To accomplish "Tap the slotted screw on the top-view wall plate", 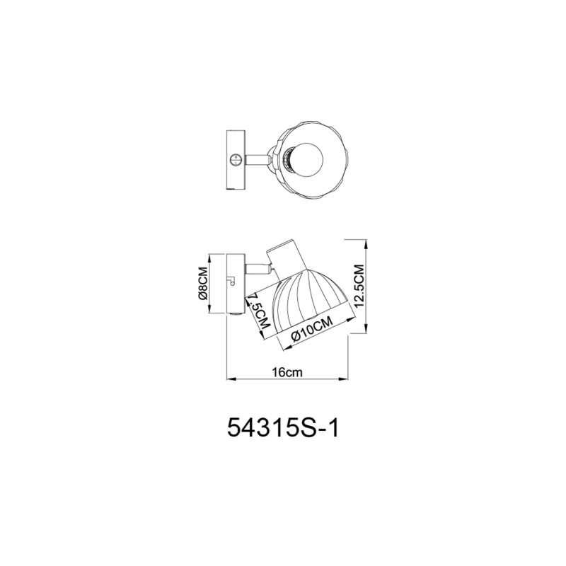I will [x=236, y=159].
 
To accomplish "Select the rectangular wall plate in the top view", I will [x=235, y=160].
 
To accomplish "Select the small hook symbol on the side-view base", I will [x=231, y=281].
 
